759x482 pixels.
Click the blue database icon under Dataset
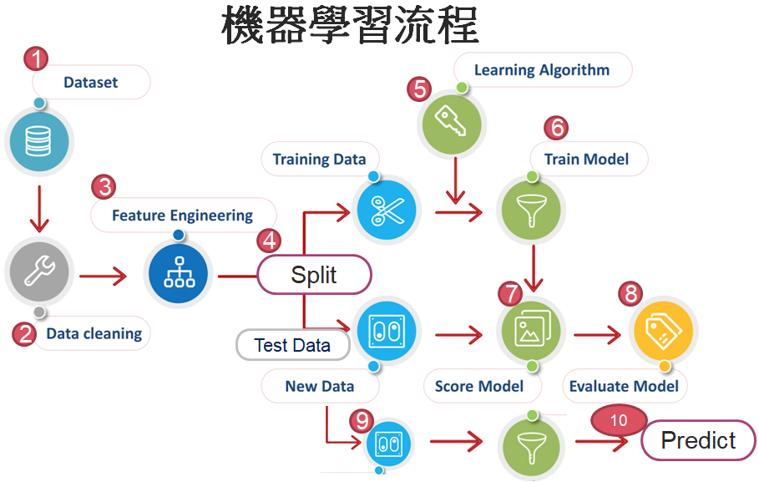[x=38, y=141]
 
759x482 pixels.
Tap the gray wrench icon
[x=39, y=271]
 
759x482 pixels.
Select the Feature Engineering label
[x=183, y=215]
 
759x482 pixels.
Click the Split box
[x=314, y=275]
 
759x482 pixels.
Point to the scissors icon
[x=387, y=211]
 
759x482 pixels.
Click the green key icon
[x=452, y=124]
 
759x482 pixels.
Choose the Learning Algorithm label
[x=542, y=70]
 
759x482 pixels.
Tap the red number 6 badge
[x=556, y=128]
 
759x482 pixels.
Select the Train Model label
[x=587, y=159]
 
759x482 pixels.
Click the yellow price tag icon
[x=664, y=330]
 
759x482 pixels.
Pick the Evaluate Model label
[x=624, y=386]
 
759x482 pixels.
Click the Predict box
[x=699, y=440]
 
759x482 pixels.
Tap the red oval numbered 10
[x=619, y=420]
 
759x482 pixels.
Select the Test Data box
[x=293, y=345]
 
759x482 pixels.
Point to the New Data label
[x=320, y=386]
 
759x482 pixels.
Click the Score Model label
[x=479, y=386]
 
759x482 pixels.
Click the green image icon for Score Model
[x=532, y=330]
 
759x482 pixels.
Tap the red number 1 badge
[x=36, y=58]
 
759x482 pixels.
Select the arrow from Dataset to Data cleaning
[x=39, y=210]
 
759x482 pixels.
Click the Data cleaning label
[x=94, y=333]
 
